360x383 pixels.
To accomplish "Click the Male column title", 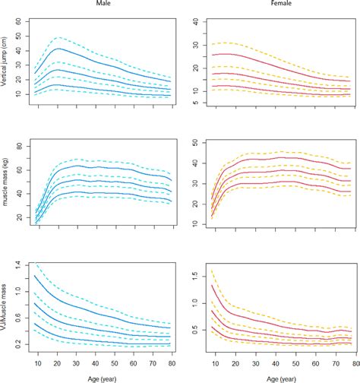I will coord(99,5).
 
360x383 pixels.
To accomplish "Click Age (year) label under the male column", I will coord(99,375).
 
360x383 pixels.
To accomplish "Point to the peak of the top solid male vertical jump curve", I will coord(58,49).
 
